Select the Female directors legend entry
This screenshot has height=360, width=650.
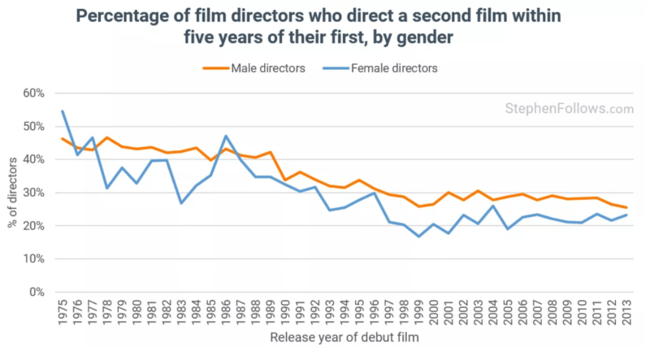click(394, 68)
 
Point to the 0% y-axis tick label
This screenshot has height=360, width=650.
click(36, 293)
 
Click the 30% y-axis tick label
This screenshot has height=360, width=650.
click(32, 193)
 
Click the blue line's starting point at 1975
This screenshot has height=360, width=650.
click(63, 111)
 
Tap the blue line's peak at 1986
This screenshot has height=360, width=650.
click(225, 136)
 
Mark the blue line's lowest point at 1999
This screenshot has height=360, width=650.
click(418, 236)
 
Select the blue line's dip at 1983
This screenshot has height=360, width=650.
click(180, 203)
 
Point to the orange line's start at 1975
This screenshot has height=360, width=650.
click(63, 138)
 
